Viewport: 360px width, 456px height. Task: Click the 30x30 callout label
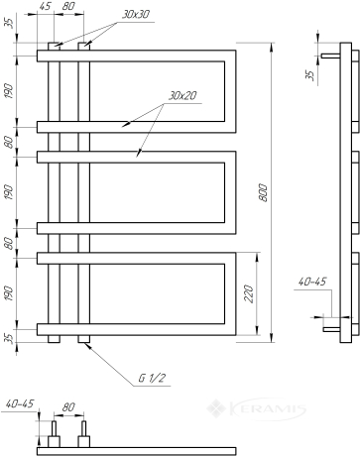136,15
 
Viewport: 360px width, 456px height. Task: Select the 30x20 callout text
182,96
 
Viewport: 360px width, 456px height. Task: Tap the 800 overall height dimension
263,192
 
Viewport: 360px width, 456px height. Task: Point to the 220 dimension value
249,293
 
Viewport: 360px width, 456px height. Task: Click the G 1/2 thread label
152,378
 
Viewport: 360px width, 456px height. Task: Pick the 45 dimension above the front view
45,6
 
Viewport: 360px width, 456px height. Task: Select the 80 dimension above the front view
68,6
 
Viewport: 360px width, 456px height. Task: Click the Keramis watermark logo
257,409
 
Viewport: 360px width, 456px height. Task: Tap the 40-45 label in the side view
312,282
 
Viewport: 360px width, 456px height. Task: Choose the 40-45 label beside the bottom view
20,403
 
